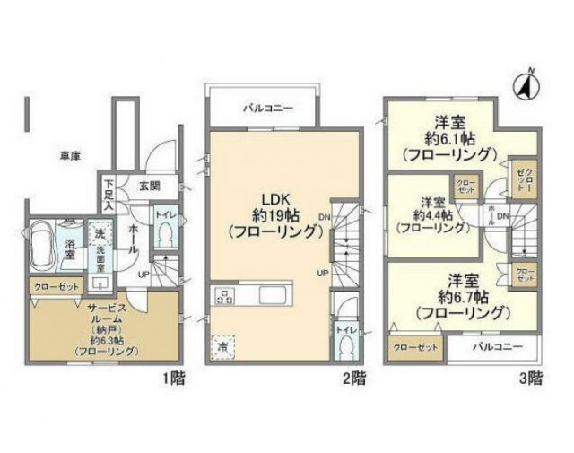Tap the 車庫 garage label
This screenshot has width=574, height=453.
tap(71, 156)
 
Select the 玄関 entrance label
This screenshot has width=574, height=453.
tap(149, 186)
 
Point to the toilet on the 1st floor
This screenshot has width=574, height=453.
tap(164, 234)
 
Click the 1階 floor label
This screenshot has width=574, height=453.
tap(173, 378)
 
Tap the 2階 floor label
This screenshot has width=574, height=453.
tap(352, 378)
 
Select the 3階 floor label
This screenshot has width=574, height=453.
tap(531, 378)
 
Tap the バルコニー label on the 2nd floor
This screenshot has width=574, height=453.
tap(263, 106)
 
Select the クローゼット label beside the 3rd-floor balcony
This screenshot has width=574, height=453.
tap(414, 348)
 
